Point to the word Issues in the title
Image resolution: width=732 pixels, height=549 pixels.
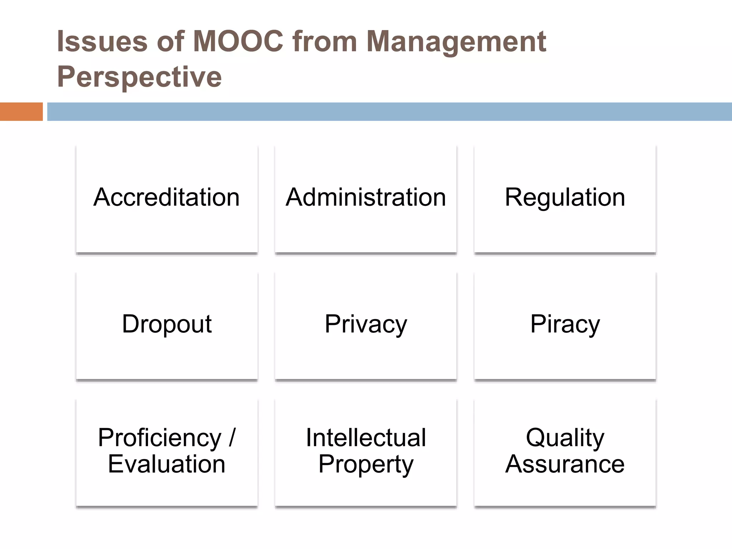click(x=102, y=41)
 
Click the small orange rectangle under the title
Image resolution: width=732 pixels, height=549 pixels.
click(x=21, y=112)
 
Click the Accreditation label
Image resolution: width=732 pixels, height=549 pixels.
click(x=167, y=197)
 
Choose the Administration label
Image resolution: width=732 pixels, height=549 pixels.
click(x=366, y=197)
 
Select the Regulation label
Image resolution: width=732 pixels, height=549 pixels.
click(x=565, y=197)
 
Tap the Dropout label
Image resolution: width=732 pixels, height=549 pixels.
click(x=167, y=324)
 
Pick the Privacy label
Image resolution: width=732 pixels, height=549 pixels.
click(x=366, y=324)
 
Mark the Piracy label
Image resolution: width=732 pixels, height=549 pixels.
click(x=565, y=324)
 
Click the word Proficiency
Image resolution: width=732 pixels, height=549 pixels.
click(x=159, y=438)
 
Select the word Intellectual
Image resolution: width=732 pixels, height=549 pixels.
click(x=366, y=437)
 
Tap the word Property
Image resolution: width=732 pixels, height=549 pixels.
click(x=366, y=465)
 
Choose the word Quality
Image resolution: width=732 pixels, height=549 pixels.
click(x=565, y=438)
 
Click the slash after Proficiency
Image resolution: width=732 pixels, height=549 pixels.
click(x=232, y=437)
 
